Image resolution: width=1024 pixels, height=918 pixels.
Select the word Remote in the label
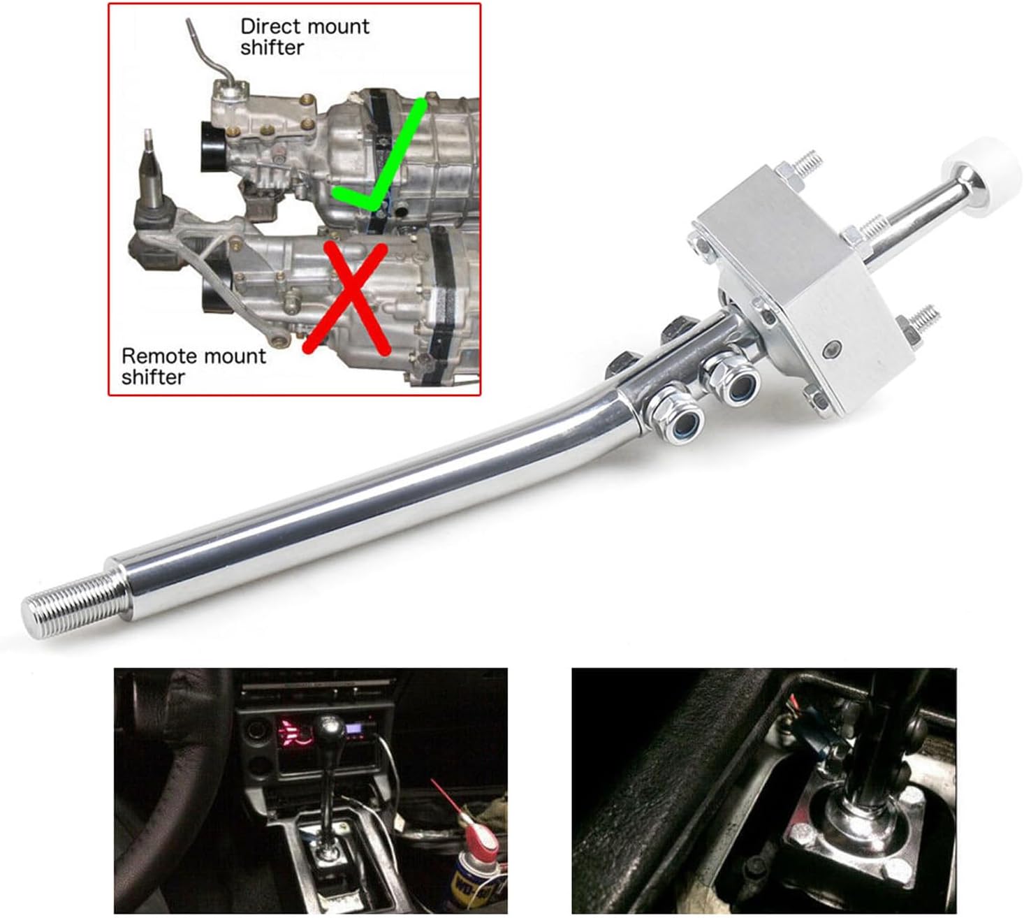[x=158, y=356]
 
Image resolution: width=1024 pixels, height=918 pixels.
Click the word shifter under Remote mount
[x=153, y=377]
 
